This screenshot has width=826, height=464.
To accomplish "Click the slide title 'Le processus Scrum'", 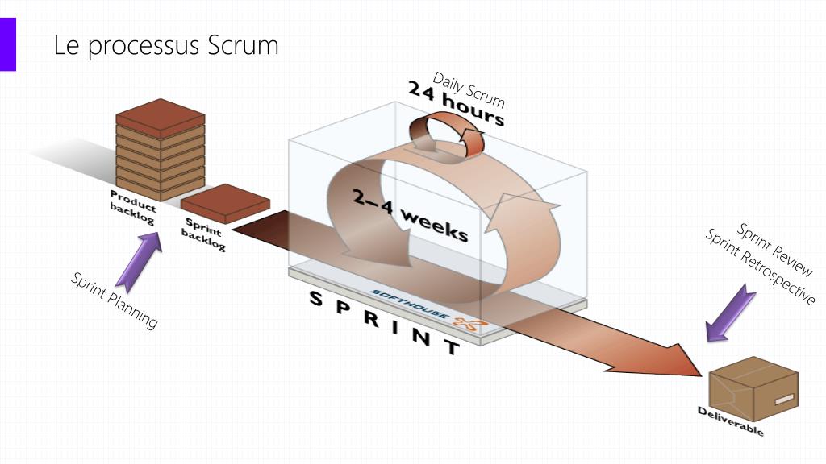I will [x=165, y=45].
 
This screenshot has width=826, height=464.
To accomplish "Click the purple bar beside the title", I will [x=7, y=44].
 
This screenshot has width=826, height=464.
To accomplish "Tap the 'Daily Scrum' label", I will [x=469, y=89].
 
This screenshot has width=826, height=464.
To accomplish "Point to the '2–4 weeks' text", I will [x=409, y=214].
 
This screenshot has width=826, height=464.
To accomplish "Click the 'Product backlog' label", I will [x=133, y=208].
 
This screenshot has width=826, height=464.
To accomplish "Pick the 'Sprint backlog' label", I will [x=203, y=234].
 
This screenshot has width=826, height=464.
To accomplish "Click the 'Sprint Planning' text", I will [x=114, y=300].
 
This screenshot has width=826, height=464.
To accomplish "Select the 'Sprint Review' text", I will [x=775, y=250].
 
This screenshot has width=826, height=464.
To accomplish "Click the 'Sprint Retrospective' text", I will [x=761, y=267].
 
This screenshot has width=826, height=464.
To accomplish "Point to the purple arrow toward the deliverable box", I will [x=730, y=313].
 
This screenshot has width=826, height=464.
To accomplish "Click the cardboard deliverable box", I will [x=753, y=390].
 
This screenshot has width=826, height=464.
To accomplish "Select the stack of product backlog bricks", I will [x=160, y=150].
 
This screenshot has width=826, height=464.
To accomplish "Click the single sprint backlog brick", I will [x=224, y=204].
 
